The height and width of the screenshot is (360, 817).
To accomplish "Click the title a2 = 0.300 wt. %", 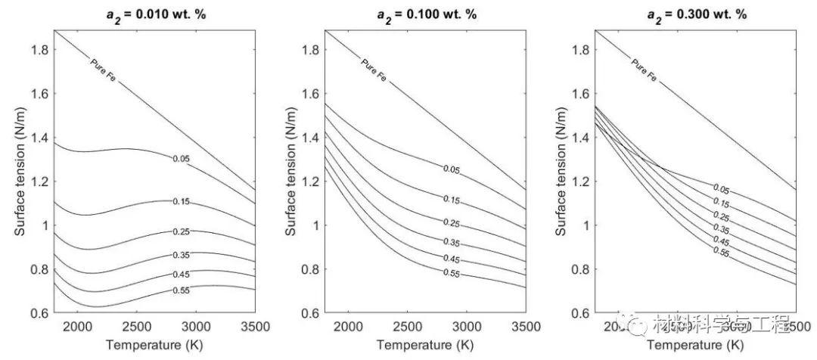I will (x=695, y=13).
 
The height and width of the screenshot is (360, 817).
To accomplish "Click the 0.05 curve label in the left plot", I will (x=181, y=158).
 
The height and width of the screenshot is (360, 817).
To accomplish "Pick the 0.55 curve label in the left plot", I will (x=181, y=290).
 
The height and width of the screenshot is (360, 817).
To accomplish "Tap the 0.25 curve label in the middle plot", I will (x=452, y=223).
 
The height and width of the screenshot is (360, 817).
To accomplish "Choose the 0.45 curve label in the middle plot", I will (x=452, y=259).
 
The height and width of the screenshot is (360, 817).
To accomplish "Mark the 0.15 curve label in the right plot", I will (x=721, y=203).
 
